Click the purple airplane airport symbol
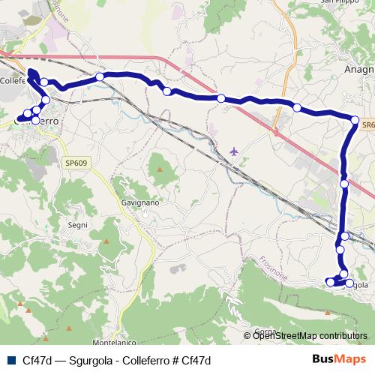235,152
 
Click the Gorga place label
265,331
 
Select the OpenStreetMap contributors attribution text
310,336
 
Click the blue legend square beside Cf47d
10,359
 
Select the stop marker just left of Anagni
297,108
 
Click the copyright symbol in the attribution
247,336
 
